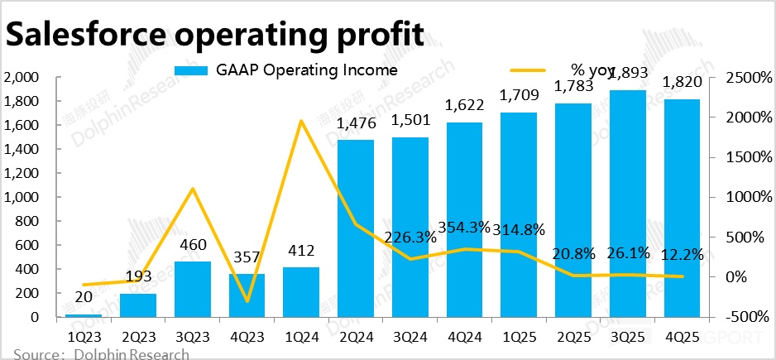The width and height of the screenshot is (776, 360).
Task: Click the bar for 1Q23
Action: [84, 315]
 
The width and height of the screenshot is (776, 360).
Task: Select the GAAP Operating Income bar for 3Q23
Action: [192, 290]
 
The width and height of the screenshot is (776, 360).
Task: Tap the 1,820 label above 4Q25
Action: [681, 82]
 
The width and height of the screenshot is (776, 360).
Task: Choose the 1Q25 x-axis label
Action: [518, 338]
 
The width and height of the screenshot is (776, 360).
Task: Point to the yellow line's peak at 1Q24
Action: [301, 121]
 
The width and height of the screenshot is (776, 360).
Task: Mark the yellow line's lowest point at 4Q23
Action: [247, 301]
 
